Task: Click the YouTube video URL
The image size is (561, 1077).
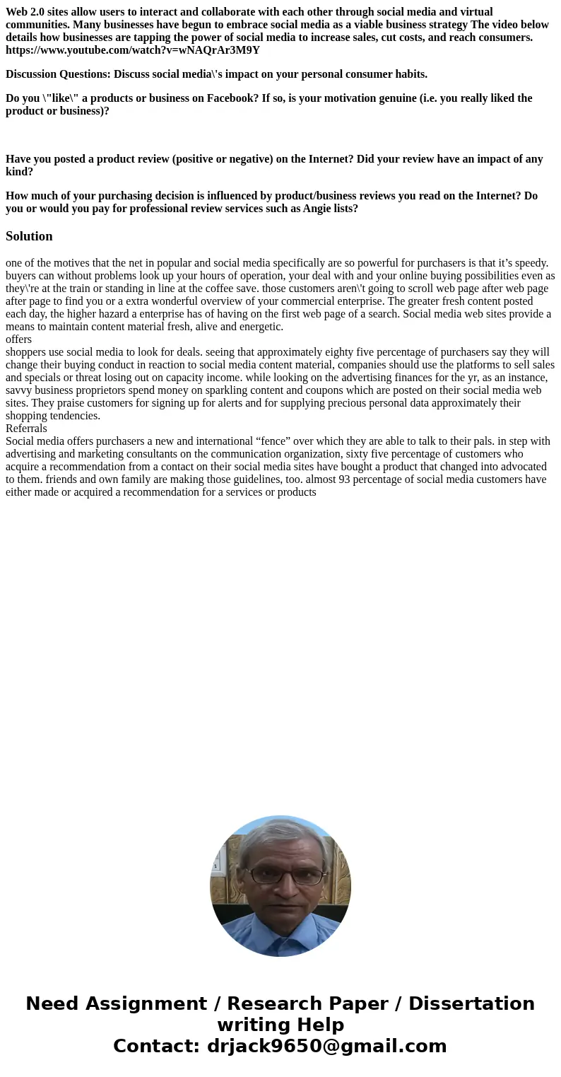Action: (133, 50)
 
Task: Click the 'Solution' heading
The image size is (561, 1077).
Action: (29, 236)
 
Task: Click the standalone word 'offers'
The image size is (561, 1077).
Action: (18, 339)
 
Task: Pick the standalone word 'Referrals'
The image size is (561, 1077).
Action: (26, 429)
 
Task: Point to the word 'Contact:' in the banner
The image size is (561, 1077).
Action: (157, 1046)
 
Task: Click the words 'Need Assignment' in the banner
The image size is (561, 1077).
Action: (117, 1003)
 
